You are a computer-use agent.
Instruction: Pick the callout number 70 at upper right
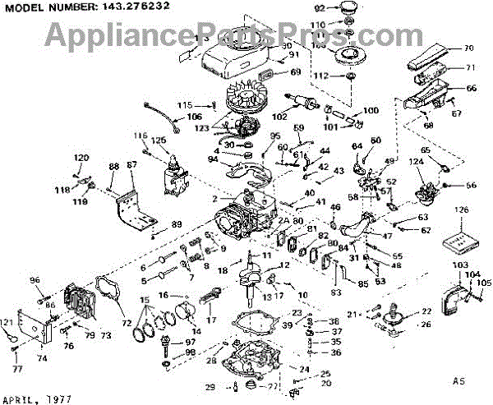(469, 48)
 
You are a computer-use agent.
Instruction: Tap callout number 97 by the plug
(190, 342)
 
